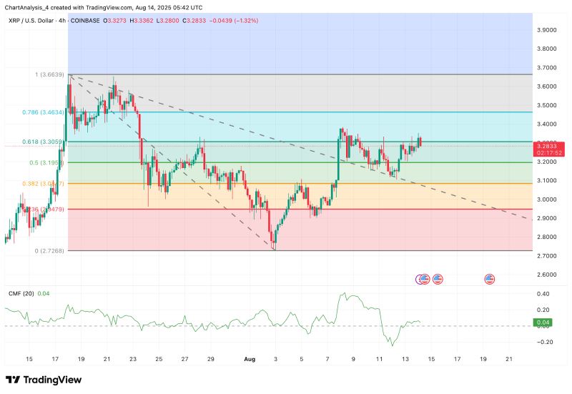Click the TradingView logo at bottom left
[44, 380]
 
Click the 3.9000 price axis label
[547, 30]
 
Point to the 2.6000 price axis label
[547, 275]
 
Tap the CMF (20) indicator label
[19, 292]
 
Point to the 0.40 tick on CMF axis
[543, 294]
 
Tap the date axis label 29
[210, 358]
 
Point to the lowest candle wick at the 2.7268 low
[274, 249]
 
